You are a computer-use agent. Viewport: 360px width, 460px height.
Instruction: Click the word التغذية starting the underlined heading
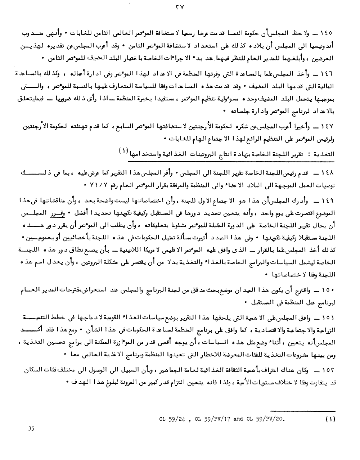tap(324, 154)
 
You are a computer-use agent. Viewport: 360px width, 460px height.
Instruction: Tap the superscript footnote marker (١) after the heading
tap(123, 150)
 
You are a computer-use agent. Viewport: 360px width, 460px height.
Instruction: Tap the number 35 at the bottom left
tap(31, 428)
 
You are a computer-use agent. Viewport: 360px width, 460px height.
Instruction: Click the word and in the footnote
tap(238, 419)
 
